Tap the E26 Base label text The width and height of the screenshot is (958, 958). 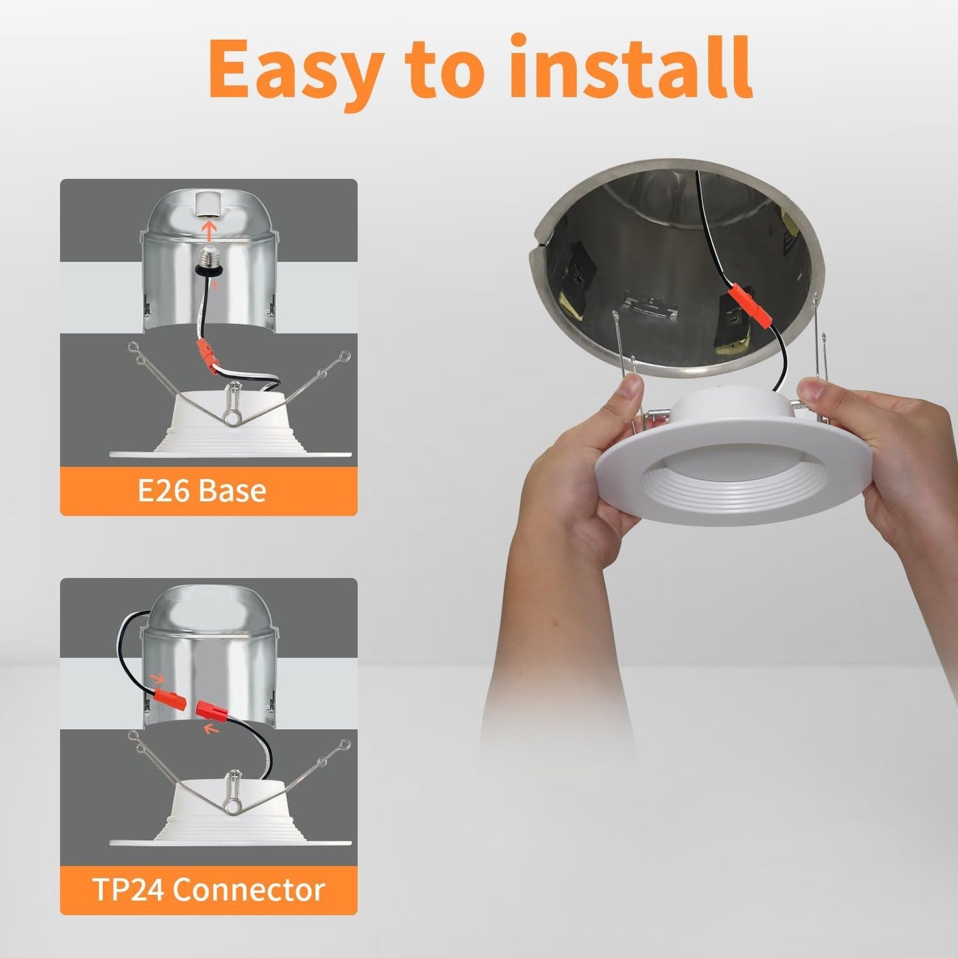(x=202, y=491)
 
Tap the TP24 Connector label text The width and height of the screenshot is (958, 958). (x=208, y=890)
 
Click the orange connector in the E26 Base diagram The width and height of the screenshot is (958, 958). (x=208, y=355)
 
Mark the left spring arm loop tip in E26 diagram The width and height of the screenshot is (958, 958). (x=133, y=347)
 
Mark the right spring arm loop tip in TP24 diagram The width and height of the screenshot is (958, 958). (x=343, y=744)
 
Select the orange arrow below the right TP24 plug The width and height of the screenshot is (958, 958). (x=211, y=730)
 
